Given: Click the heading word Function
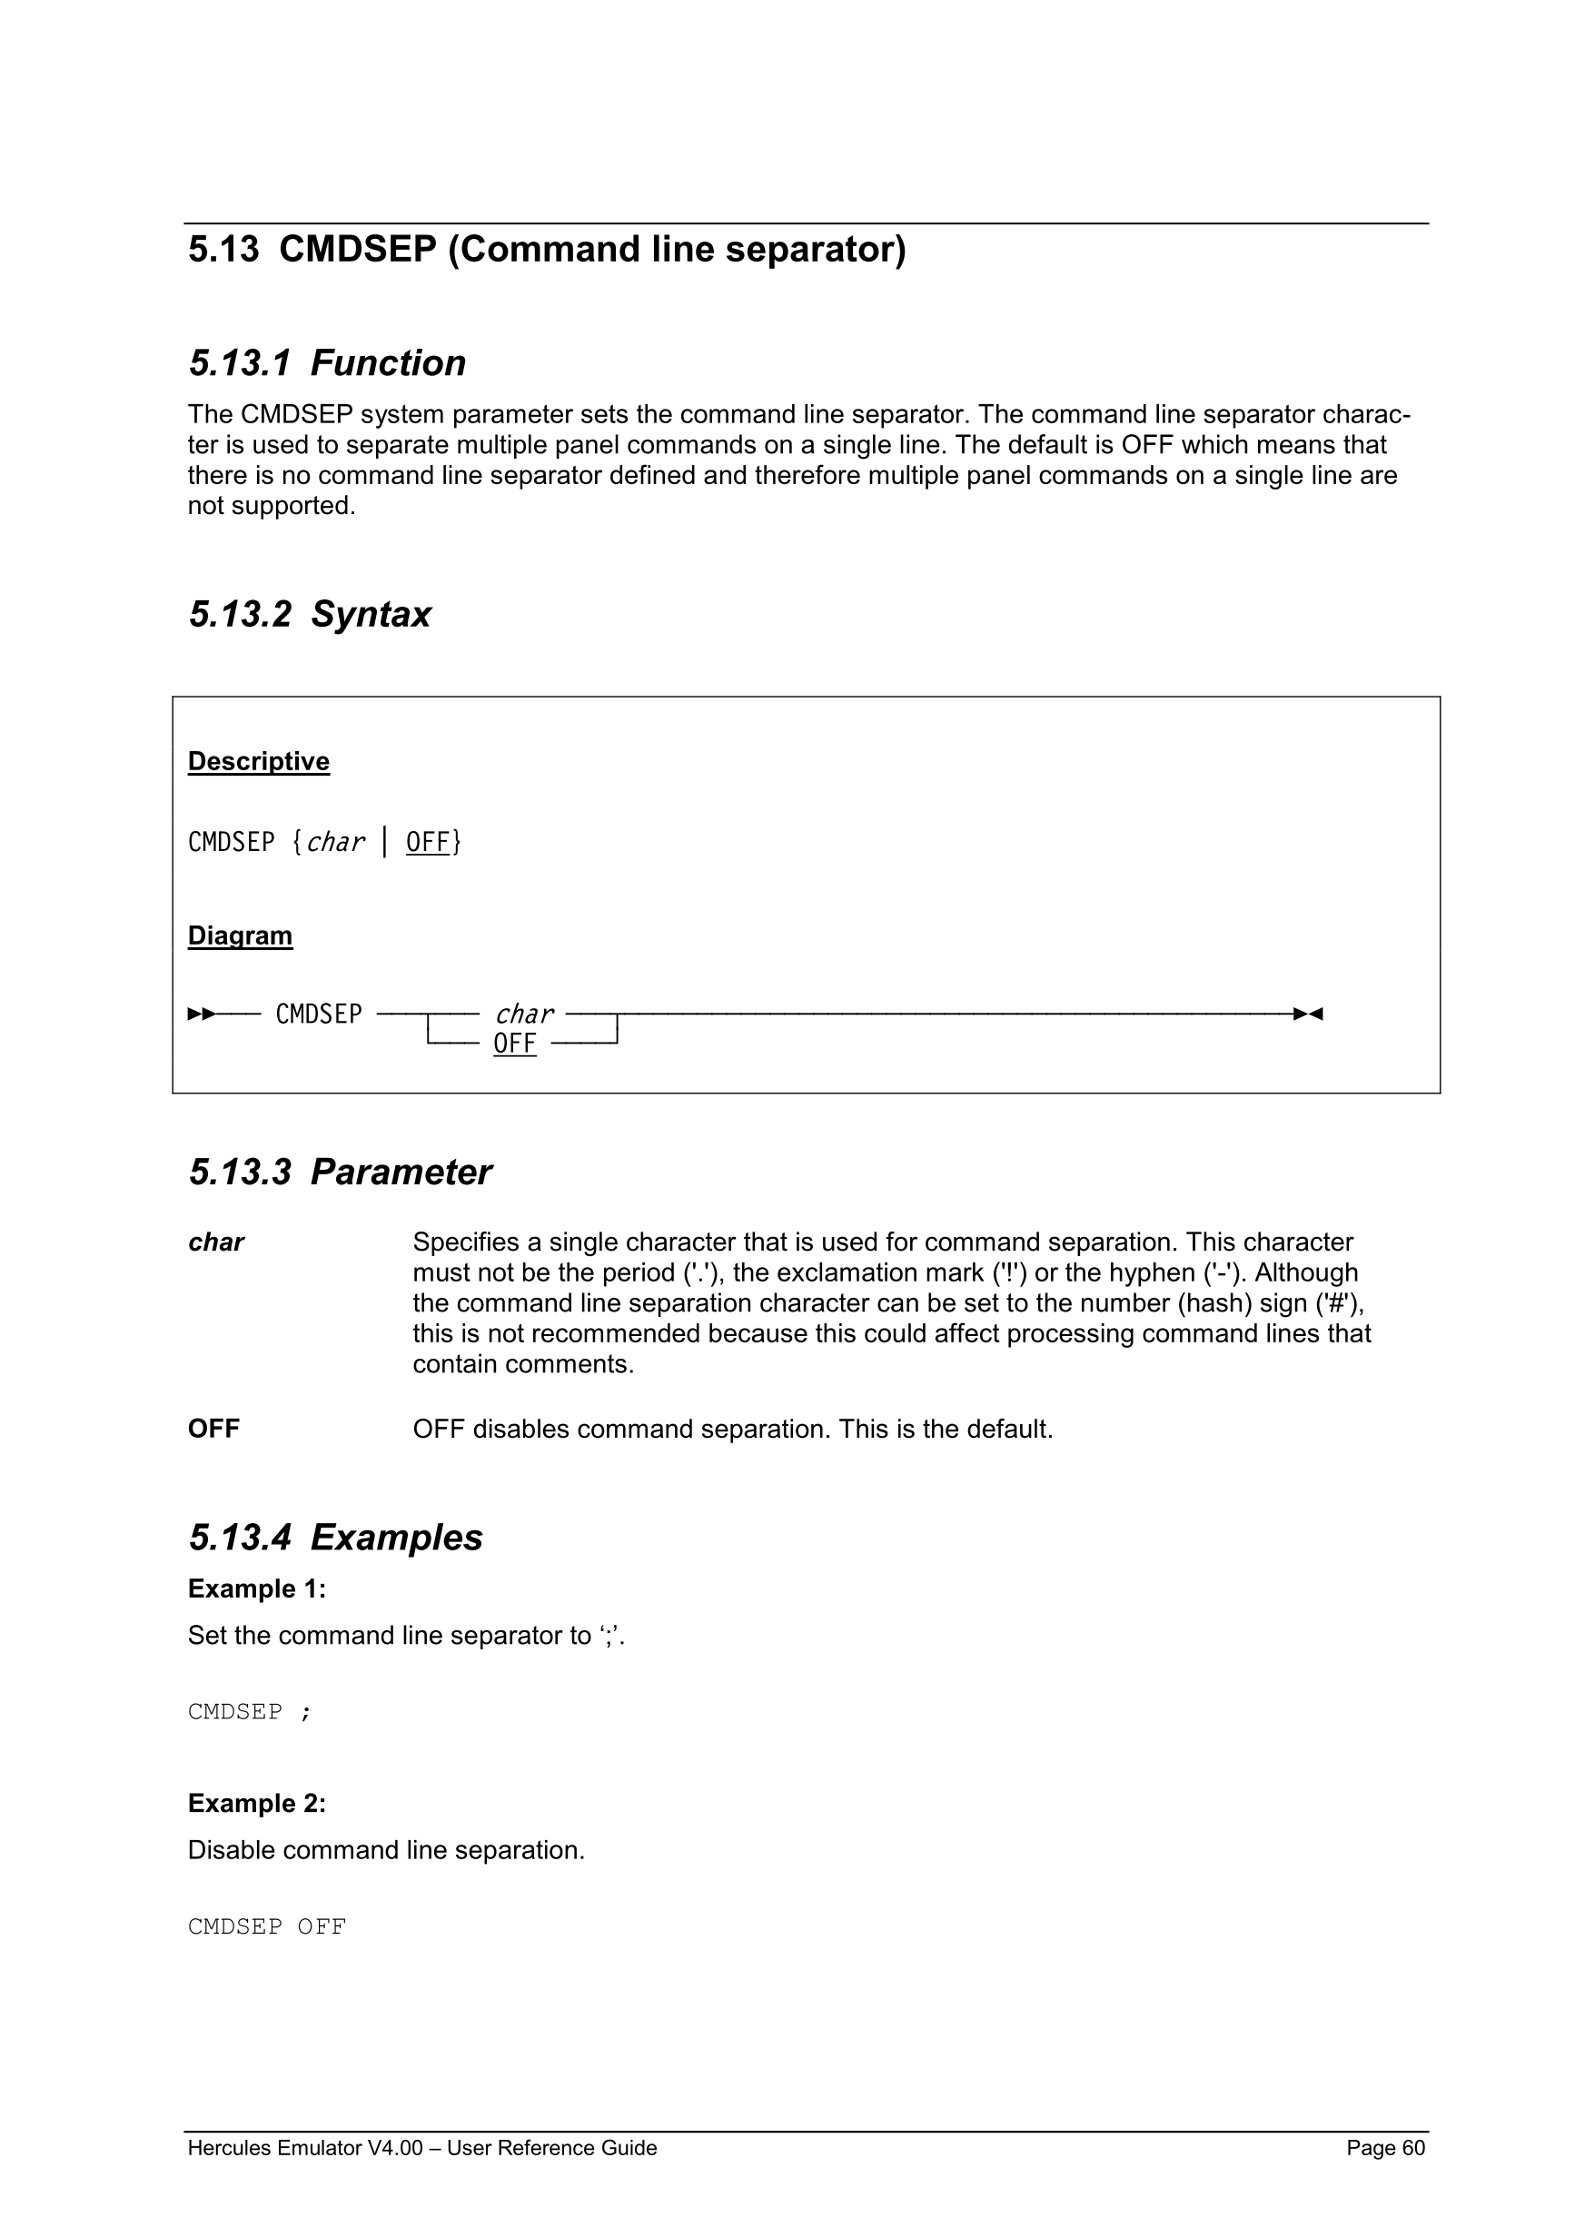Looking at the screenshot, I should pos(388,363).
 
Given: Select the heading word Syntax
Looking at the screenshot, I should pos(371,615).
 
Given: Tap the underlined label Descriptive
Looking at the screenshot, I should pos(258,761).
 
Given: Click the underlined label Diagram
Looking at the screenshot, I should pos(240,936).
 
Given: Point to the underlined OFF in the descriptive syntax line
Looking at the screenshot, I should pos(428,842).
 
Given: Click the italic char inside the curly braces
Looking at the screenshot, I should pos(335,842).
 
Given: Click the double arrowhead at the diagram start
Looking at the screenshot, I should pos(202,1015).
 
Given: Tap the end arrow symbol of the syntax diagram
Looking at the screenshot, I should pos(1307,1015).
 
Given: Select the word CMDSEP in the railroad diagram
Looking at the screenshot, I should pos(318,1015).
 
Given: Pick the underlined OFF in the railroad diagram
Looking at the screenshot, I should pos(514,1044).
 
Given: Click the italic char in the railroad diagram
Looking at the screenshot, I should pos(524,1015).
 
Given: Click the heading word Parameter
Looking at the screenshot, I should pos(401,1173).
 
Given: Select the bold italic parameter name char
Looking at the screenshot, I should pos(215,1242).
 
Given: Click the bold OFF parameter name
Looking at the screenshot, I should pos(213,1429).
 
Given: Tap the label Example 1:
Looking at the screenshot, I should pos(257,1589).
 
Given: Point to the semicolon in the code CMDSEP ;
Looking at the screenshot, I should pos(305,1712).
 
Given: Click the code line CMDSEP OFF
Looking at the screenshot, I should pos(267,1926).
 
